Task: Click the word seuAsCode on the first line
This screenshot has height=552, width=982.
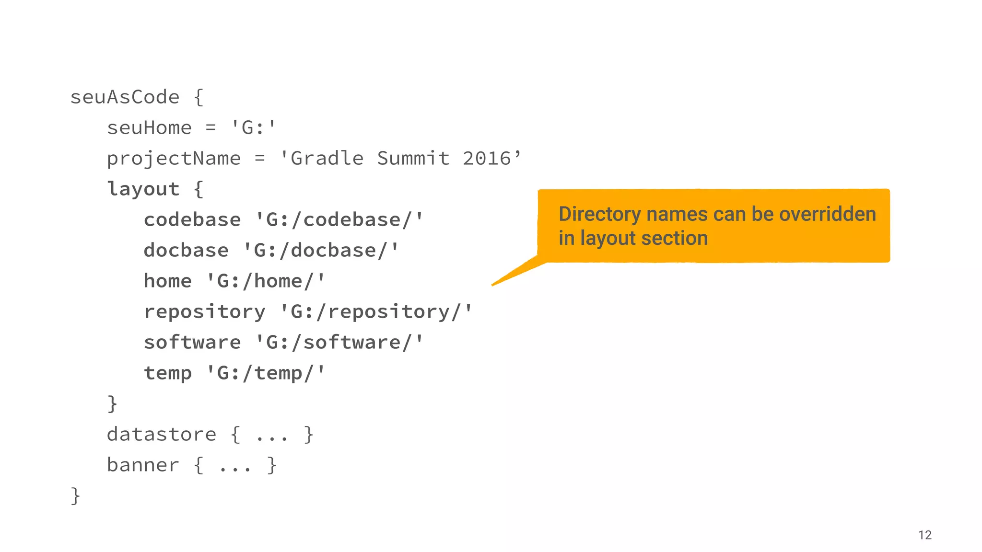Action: click(125, 97)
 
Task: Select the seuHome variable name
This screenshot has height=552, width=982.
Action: click(149, 128)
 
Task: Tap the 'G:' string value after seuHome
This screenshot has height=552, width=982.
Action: click(253, 127)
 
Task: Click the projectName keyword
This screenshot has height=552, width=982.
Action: click(174, 159)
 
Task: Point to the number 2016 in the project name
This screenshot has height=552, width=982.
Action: click(487, 159)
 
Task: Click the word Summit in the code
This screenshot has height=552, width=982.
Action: click(413, 159)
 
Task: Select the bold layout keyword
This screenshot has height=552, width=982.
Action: click(143, 189)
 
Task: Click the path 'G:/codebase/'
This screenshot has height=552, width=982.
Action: click(339, 220)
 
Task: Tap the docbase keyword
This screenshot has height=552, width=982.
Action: click(186, 251)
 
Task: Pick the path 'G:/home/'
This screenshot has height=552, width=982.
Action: click(266, 281)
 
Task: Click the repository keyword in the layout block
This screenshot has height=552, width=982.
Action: click(204, 312)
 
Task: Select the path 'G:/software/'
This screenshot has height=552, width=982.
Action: click(339, 343)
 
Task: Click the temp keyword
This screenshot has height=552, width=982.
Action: click(168, 373)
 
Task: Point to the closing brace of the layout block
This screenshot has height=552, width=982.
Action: click(112, 403)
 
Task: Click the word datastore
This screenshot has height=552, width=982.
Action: click(162, 435)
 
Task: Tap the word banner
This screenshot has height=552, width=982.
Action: click(143, 465)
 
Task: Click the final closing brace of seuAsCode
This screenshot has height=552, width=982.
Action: click(75, 495)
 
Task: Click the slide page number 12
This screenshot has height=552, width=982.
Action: click(924, 535)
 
